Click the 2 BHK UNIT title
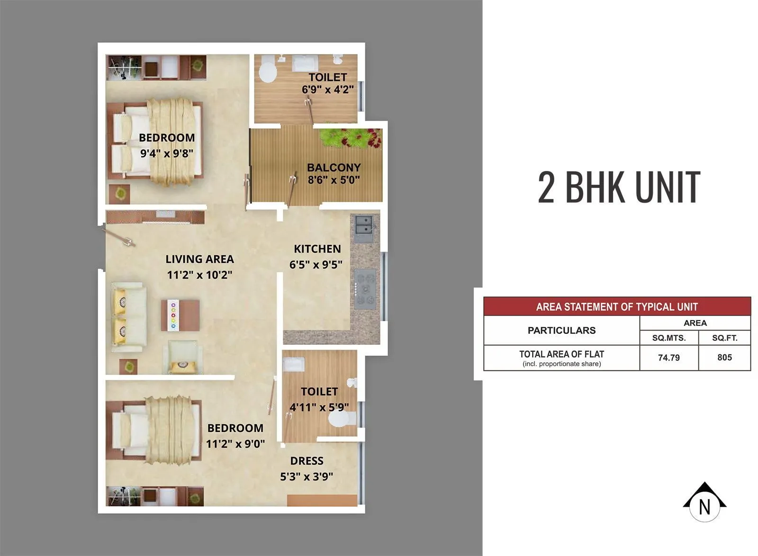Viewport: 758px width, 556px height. pos(619,187)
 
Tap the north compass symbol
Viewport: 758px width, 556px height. pos(704,503)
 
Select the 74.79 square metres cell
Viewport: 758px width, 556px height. pos(668,358)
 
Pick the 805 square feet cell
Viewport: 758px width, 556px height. pos(724,358)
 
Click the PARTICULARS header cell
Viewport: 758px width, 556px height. pos(561,331)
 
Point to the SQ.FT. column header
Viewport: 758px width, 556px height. pos(724,338)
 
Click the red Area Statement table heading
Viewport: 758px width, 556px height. pos(617,306)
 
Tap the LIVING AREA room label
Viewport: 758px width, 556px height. pos(199,259)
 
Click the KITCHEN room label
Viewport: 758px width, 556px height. pos(317,249)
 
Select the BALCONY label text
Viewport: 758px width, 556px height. pos(334,168)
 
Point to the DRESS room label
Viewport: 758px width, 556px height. pos(307,461)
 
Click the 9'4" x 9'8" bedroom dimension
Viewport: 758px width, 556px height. pos(166,153)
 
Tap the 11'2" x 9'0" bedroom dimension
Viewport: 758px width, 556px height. pos(235,444)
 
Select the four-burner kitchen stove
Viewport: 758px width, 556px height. pos(365,288)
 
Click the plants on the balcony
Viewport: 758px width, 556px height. pos(351,138)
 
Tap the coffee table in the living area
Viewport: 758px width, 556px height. pos(180,315)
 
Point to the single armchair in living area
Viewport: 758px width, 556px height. pos(182,358)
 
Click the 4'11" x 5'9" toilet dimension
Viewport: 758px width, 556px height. pos(319,407)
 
